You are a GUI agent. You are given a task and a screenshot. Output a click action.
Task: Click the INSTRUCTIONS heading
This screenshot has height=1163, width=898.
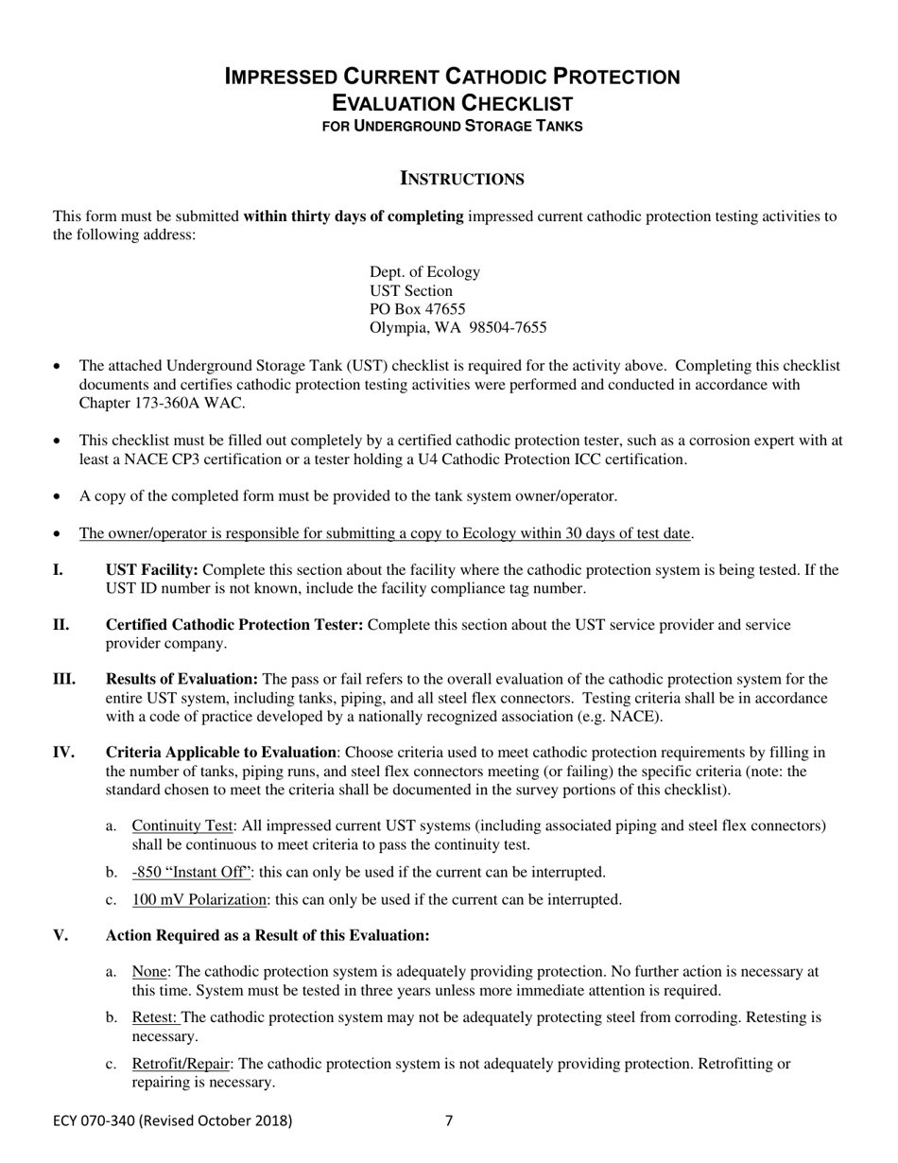click(462, 179)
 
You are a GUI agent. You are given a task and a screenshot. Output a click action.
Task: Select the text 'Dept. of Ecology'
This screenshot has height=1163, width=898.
click(424, 272)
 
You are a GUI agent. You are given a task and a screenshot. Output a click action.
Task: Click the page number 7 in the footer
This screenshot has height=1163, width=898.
click(449, 1121)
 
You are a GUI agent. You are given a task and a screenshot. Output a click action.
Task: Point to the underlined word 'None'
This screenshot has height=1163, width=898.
click(149, 972)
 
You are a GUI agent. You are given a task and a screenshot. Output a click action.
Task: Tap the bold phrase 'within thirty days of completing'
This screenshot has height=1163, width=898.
click(354, 217)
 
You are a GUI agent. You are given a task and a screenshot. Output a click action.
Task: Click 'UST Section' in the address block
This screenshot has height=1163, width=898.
click(411, 291)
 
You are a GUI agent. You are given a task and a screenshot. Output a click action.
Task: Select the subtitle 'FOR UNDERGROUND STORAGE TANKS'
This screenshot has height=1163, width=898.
click(452, 126)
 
